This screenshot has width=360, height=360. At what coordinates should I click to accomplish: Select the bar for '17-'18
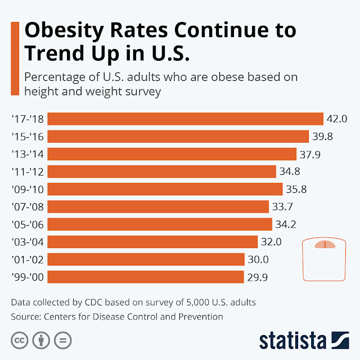(185, 119)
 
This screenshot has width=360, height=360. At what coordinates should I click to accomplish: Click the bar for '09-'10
(165, 189)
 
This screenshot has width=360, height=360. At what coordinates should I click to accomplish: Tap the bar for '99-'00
(145, 277)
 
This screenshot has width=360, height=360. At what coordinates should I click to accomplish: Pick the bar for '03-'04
(152, 242)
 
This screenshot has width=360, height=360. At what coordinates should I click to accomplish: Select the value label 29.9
(257, 277)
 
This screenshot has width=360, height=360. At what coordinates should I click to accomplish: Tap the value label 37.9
(309, 154)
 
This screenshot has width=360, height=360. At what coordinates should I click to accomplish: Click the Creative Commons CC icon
(19, 341)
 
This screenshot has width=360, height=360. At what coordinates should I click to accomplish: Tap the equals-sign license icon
(63, 341)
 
